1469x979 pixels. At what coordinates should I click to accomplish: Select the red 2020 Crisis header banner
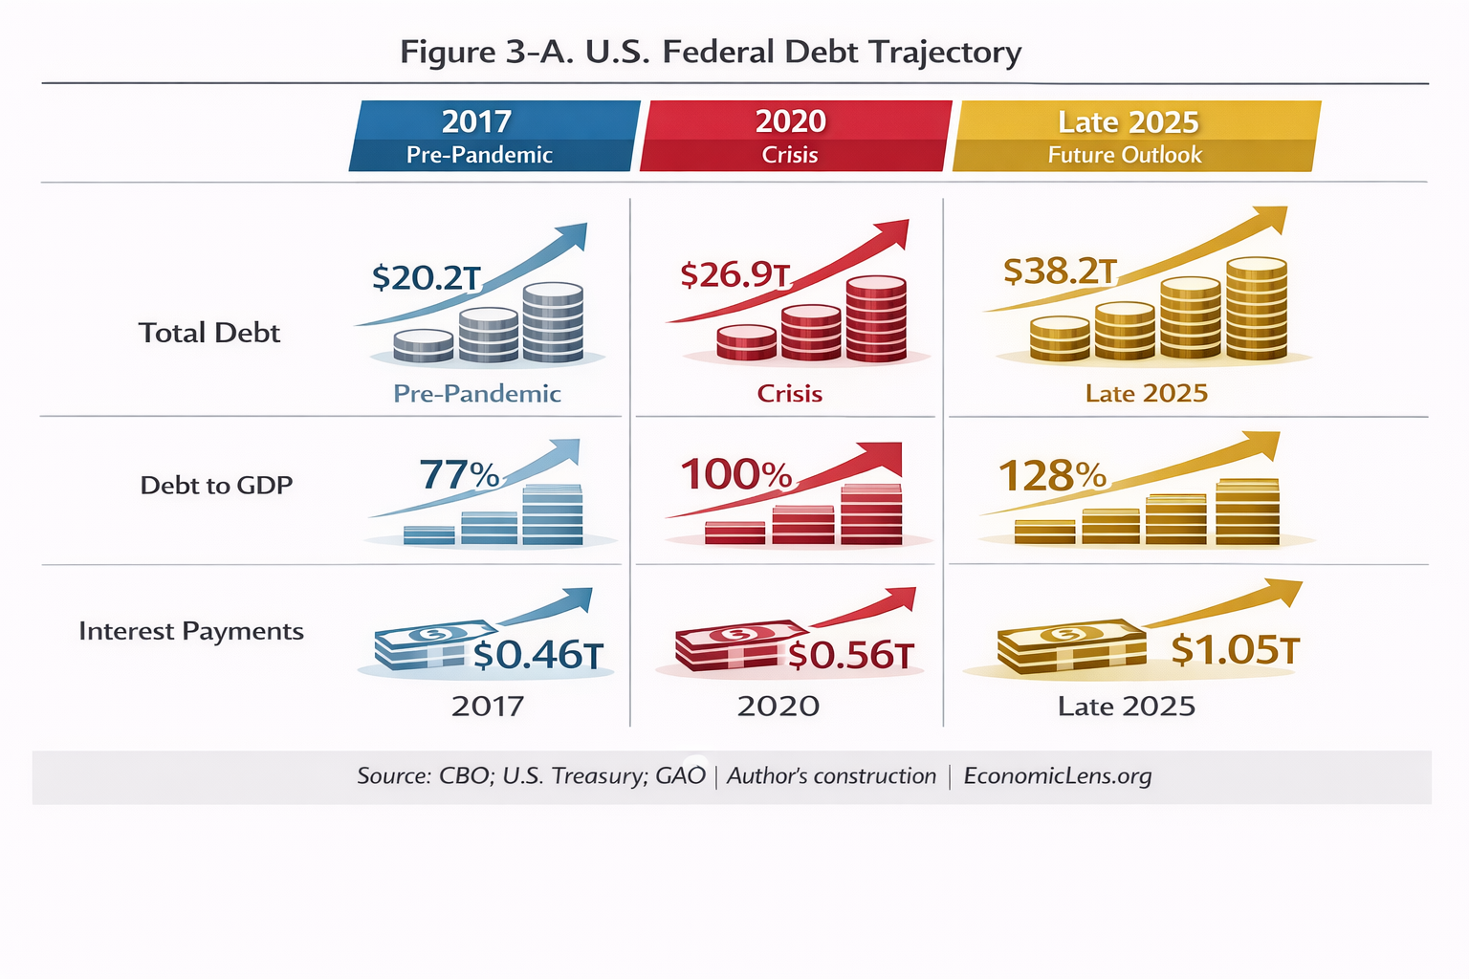point(794,136)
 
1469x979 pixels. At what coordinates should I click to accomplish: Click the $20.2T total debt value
point(426,277)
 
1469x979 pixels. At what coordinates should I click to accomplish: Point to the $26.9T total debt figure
point(734,274)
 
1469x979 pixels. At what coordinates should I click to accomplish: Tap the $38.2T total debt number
point(1060,272)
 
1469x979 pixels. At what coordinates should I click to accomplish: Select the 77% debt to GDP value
point(459,474)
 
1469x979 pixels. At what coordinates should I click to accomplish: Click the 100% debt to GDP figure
point(735,474)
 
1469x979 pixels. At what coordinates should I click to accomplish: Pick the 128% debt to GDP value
point(1052,475)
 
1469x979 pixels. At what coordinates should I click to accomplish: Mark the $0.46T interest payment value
point(538,655)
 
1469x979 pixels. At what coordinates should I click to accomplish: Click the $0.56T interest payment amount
point(850,655)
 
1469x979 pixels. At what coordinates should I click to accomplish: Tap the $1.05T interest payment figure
point(1235,649)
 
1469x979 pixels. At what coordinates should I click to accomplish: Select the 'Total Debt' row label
point(209,333)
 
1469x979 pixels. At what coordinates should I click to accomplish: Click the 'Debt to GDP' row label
point(216,486)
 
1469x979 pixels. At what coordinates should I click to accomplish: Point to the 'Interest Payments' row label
point(191,631)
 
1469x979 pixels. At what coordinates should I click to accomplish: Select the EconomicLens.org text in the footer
point(1057,776)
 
